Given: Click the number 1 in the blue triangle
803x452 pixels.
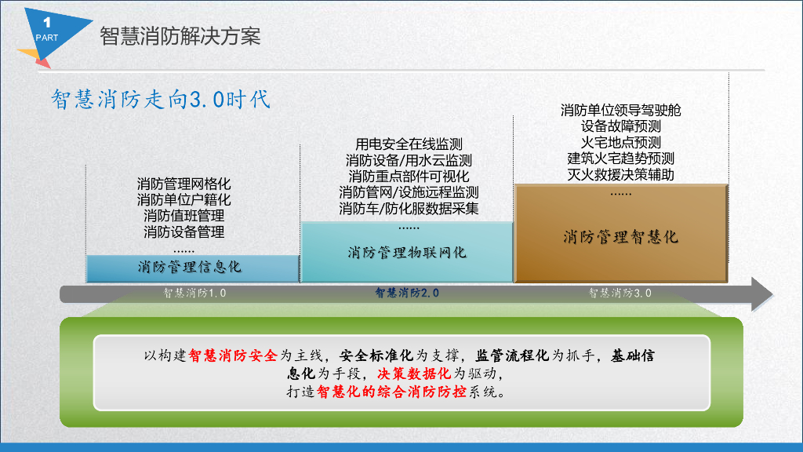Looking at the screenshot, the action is pos(47,23).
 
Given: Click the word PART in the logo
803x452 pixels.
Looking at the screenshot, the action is pos(46,38).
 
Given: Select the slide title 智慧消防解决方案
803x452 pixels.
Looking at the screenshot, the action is pos(180,36).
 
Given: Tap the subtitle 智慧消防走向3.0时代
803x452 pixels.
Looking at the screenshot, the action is pos(160,100).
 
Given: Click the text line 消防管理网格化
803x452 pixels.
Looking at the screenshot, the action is pos(183,184).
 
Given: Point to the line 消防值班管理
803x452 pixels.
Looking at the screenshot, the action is pos(183,216).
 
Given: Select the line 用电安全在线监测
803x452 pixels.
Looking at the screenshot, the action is pos(409,144).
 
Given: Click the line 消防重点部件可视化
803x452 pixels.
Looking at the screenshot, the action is pos(409,177).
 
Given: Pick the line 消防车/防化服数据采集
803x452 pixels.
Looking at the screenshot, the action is pos(409,209).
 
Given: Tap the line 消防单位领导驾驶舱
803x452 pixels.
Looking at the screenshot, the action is pos(621,110).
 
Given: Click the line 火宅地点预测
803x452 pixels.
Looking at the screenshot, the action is pos(621,143).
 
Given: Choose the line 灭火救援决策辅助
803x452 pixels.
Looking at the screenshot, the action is pos(621,175).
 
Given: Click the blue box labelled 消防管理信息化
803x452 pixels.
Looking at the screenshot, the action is pos(193,268).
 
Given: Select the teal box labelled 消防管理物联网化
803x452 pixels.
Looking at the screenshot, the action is pos(407,252).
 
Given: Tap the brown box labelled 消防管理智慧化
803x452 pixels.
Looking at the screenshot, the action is pos(621,233).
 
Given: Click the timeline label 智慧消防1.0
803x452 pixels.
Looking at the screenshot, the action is pos(194,293).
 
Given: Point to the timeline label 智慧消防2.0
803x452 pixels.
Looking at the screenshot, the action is pos(407,293).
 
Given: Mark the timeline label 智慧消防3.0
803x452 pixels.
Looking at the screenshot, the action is pos(620,293).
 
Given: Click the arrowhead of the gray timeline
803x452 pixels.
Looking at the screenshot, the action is pos(762,294).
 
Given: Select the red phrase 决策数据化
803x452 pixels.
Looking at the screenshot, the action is pos(414,374).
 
